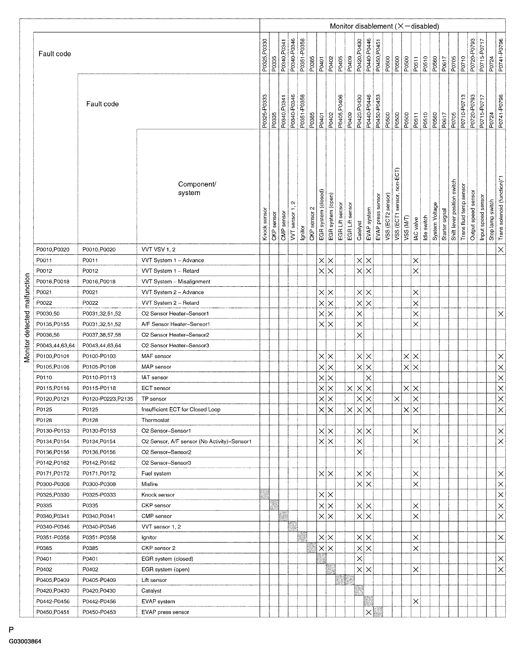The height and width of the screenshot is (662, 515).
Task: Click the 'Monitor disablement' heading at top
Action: click(384, 26)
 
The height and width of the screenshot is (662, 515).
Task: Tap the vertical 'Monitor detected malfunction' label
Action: click(27, 318)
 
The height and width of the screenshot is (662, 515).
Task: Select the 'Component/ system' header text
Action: click(197, 188)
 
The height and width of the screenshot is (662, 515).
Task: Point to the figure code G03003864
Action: click(25, 641)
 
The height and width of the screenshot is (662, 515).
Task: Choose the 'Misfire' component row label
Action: click(149, 484)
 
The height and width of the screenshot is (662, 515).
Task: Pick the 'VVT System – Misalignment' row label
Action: click(176, 282)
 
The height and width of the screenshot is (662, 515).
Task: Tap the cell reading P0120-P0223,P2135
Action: click(108, 399)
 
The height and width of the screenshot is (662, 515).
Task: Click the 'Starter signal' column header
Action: click(444, 224)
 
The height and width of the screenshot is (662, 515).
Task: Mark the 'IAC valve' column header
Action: click(416, 229)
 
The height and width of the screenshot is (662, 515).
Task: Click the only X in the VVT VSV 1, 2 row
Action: click(501, 250)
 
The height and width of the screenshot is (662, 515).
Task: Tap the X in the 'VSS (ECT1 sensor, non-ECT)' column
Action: click(397, 399)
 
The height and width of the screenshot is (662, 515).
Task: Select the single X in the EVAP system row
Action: click(416, 601)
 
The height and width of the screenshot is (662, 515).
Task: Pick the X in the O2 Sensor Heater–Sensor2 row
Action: click(359, 335)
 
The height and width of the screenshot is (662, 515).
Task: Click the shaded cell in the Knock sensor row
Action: click(265, 495)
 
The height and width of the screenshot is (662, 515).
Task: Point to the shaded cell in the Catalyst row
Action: click(359, 591)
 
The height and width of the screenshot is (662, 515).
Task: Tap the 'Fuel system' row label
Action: click(156, 474)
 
